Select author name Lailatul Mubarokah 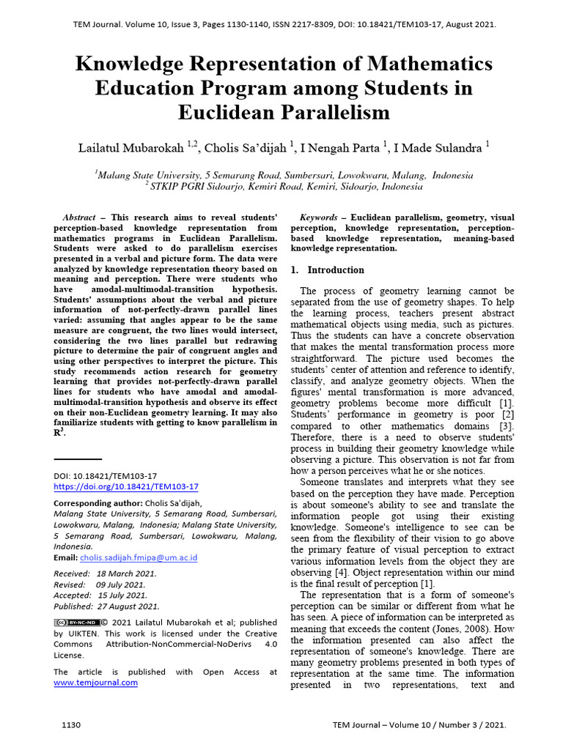132,149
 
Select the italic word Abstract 79,218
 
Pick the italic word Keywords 319,218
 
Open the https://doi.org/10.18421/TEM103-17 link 126,486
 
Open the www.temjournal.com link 95,682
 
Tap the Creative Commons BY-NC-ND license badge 76,623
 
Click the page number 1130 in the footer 71,725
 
